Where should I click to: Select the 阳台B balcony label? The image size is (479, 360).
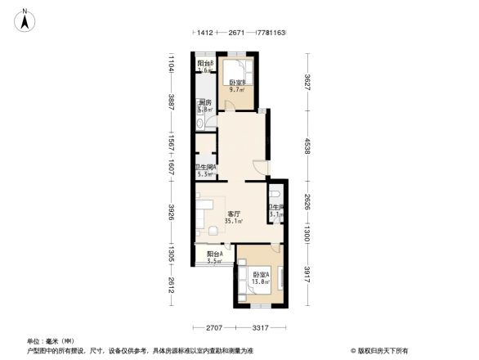click(x=205, y=64)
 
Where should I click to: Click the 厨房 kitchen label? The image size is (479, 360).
click(x=205, y=103)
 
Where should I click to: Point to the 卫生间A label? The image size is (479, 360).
click(x=205, y=168)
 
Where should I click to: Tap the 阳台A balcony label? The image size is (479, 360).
click(x=215, y=254)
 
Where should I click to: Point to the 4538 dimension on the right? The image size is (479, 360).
click(x=308, y=147)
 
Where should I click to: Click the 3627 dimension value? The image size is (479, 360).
click(x=308, y=83)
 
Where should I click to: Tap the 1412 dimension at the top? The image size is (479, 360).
click(x=204, y=34)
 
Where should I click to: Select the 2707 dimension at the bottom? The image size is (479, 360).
click(x=215, y=329)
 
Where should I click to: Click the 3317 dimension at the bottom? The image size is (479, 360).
click(x=261, y=329)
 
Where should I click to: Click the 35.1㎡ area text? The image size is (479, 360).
click(x=235, y=221)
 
